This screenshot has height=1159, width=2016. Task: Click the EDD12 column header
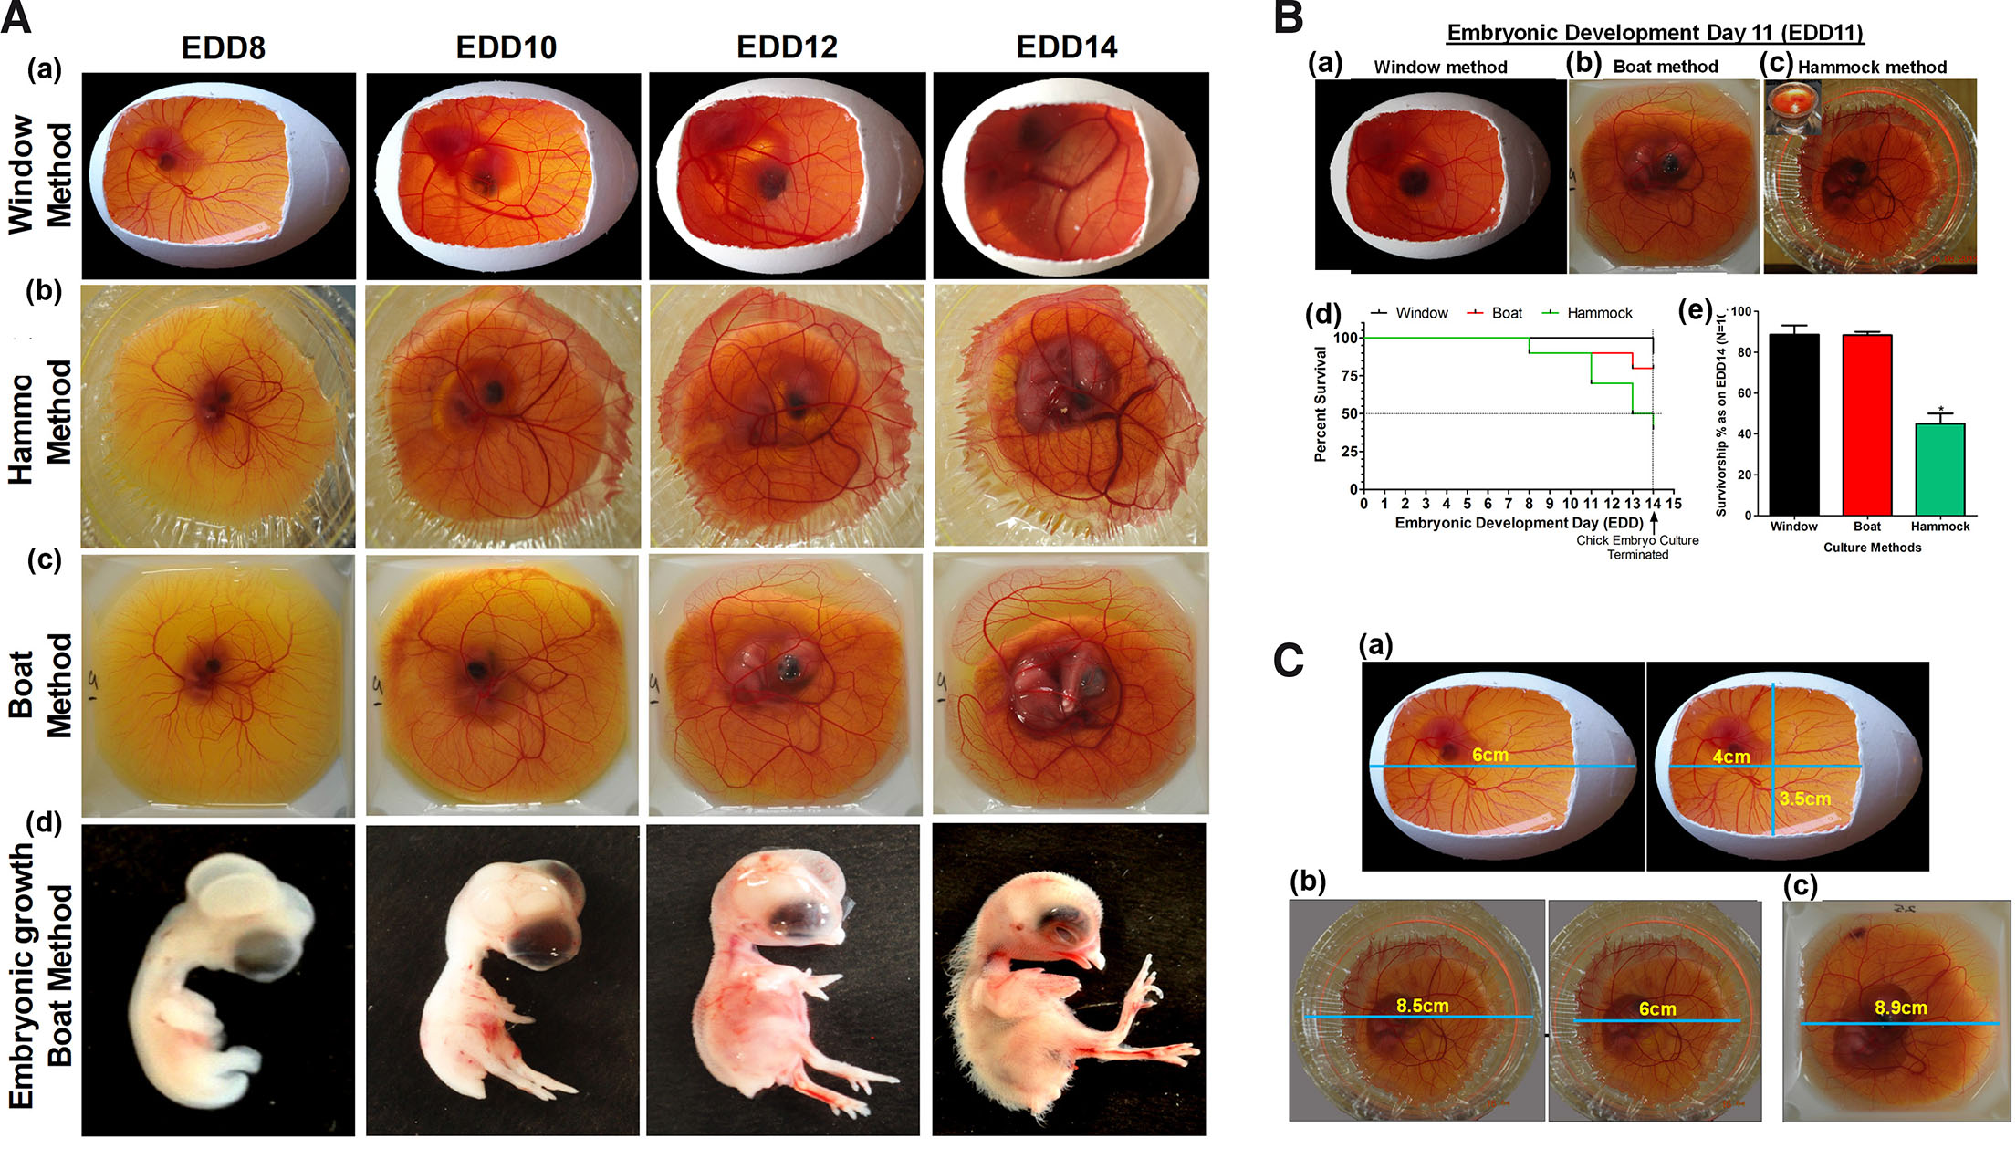click(787, 47)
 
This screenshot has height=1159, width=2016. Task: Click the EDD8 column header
click(224, 47)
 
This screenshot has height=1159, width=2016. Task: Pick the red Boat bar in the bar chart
click(1866, 424)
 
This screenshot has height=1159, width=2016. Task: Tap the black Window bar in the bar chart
click(1793, 424)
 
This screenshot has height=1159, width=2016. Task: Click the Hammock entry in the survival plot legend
click(1599, 313)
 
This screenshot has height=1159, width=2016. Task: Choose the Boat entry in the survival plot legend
click(1507, 313)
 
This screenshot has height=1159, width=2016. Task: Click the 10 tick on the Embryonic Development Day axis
click(1570, 504)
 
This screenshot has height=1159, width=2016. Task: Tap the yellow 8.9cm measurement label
click(1900, 1008)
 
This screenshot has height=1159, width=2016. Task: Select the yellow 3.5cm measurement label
click(1804, 799)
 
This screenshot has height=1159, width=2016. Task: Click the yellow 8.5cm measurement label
click(1422, 1006)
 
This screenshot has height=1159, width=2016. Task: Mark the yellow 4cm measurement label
click(1730, 757)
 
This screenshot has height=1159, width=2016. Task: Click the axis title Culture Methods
click(1872, 548)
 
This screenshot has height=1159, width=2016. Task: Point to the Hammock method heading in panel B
click(1872, 67)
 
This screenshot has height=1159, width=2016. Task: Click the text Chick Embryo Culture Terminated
click(1637, 548)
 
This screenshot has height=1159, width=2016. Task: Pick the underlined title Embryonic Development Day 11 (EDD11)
click(1655, 33)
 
